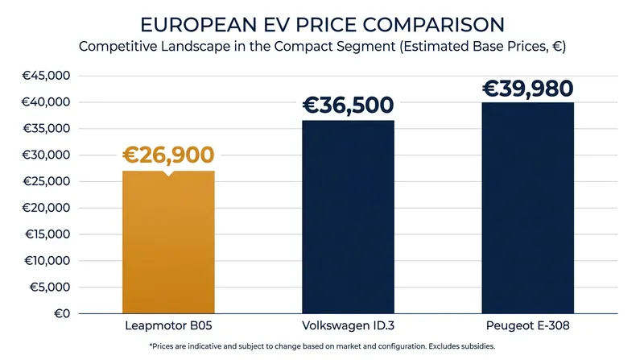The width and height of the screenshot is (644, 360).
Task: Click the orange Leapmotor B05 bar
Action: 168,242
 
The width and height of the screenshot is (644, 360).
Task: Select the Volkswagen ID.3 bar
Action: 349,217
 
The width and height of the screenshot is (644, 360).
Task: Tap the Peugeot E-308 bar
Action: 528,208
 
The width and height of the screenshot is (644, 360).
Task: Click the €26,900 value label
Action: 168,155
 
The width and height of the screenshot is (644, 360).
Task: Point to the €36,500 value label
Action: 349,105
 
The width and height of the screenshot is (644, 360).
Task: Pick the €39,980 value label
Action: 528,89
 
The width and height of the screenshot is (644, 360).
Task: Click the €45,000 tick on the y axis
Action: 46,76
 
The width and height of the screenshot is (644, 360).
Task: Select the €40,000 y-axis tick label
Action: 46,102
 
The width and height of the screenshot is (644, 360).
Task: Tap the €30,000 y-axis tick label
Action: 46,155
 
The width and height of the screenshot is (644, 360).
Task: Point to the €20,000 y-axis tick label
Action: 46,208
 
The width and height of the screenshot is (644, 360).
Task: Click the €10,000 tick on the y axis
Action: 47,261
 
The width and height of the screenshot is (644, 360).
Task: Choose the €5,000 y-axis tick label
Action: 50,287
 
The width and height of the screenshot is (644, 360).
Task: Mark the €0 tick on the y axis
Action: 62,313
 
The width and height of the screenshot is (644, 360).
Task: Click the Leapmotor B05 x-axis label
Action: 168,326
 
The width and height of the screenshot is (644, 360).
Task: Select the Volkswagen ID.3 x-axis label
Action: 349,326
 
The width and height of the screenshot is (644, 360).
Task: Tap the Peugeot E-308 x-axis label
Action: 528,326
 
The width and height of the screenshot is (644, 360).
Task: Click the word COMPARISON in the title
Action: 434,25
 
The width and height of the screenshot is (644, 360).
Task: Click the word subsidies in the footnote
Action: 477,346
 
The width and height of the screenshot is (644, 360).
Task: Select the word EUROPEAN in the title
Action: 199,25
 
